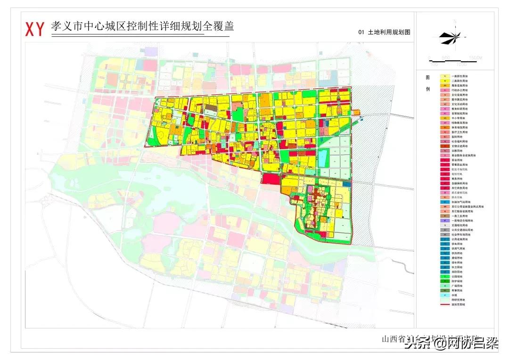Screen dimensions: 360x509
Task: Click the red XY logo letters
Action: pyautogui.click(x=34, y=29)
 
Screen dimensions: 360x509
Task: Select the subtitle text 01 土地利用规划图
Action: pyautogui.click(x=384, y=33)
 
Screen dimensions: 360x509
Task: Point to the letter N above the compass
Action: pyautogui.click(x=455, y=22)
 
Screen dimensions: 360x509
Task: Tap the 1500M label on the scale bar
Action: pyautogui.click(x=476, y=57)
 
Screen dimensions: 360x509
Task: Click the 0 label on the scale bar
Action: pyautogui.click(x=429, y=57)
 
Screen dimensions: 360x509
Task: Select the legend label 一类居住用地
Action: pyautogui.click(x=460, y=76)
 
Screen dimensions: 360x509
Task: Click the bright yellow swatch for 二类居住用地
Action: pyautogui.click(x=444, y=81)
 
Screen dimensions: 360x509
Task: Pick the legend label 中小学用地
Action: pyautogui.click(x=458, y=118)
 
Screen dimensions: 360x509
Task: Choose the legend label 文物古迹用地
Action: pyautogui.click(x=460, y=146)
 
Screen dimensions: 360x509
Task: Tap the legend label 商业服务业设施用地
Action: pyautogui.click(x=464, y=155)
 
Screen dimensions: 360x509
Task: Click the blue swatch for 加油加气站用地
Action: pyautogui.click(x=444, y=202)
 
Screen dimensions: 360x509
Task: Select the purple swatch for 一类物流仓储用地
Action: pyautogui.click(x=444, y=221)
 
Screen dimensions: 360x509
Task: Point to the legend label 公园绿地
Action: pyautogui.click(x=458, y=277)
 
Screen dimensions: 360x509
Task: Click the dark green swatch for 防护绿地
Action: pyautogui.click(x=444, y=281)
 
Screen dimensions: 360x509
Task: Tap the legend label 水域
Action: pyautogui.click(x=455, y=295)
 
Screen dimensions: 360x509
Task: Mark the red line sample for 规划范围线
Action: pyautogui.click(x=444, y=304)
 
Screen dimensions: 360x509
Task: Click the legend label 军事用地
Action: pyautogui.click(x=458, y=291)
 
